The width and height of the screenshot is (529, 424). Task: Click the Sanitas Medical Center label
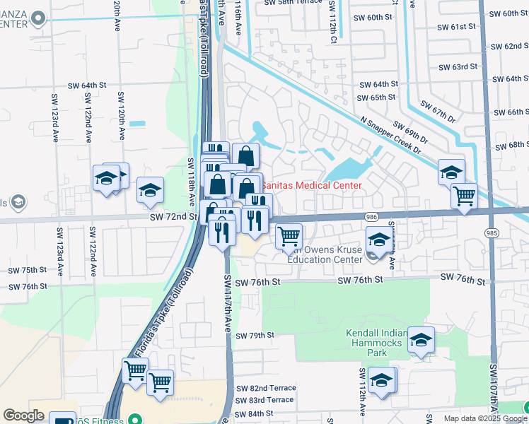tap(312, 185)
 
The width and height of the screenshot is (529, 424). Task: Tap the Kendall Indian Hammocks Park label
tap(376, 338)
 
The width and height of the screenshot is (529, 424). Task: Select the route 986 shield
tap(371, 217)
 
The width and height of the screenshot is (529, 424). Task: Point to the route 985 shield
tap(492, 232)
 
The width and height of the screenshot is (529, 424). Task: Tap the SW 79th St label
tap(255, 335)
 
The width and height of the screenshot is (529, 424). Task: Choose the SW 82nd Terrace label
tap(265, 388)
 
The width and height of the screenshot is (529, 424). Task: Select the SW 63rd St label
tap(458, 67)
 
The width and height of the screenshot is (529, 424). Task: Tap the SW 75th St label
tap(27, 270)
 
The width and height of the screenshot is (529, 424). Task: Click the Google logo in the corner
tap(24, 415)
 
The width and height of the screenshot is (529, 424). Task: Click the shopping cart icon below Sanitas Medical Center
tap(289, 235)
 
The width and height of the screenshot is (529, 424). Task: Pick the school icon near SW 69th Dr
tap(450, 172)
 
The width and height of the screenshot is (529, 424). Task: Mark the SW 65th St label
tap(376, 98)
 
